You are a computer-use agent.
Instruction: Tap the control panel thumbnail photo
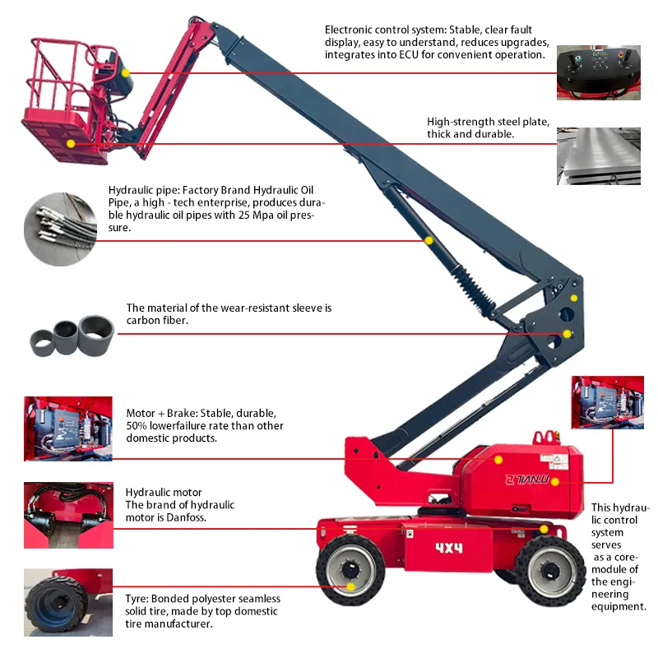[x=599, y=73]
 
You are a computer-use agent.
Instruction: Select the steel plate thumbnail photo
[x=599, y=155]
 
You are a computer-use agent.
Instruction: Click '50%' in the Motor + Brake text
[x=138, y=425]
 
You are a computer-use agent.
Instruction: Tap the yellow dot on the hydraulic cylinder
[x=429, y=240]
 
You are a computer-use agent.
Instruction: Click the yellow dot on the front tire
[x=351, y=586]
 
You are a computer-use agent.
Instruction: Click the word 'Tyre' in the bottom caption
[x=138, y=598]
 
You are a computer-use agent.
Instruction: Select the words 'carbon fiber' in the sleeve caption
[x=157, y=320]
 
